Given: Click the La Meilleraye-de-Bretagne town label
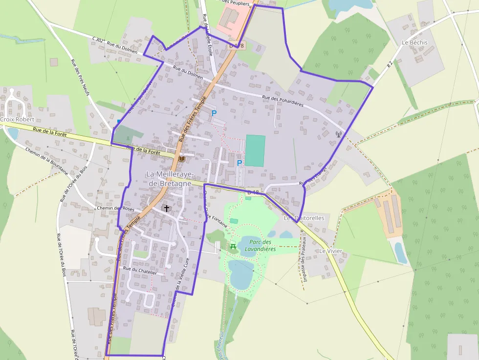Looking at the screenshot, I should click(x=170, y=178).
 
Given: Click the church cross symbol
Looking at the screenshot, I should click(x=167, y=209).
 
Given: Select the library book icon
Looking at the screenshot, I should click(x=182, y=159).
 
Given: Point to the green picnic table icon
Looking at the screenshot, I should click(x=233, y=246).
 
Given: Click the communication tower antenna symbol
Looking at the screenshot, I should click(x=338, y=134).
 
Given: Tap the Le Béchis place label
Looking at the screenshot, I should click(x=414, y=42).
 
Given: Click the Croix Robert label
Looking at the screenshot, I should click(x=18, y=119).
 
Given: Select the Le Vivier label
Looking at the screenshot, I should click(x=331, y=251).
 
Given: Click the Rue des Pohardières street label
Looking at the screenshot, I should click(x=283, y=101).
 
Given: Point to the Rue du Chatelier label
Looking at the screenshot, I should click(x=140, y=269).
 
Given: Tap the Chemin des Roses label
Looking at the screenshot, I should click(x=115, y=208).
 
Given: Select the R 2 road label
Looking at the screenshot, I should click(x=390, y=64).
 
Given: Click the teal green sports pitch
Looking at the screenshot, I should click(x=255, y=151).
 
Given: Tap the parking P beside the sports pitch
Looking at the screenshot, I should click(x=239, y=163).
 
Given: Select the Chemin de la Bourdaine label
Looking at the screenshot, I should click(x=46, y=161).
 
